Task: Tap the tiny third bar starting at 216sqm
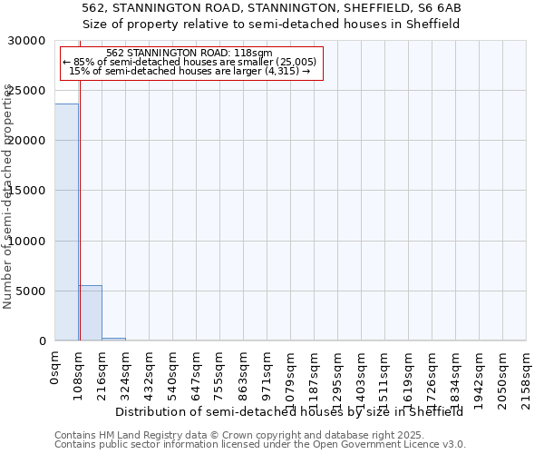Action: (113, 339)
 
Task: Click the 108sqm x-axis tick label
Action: (78, 374)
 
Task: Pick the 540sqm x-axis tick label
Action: (172, 374)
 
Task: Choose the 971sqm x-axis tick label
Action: (267, 374)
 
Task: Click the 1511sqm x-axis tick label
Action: (384, 377)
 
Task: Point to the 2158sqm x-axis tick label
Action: (526, 377)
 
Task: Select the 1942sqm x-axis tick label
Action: (479, 377)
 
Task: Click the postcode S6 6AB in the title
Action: (436, 8)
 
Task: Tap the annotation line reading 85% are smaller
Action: (189, 62)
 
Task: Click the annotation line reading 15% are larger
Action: (189, 71)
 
